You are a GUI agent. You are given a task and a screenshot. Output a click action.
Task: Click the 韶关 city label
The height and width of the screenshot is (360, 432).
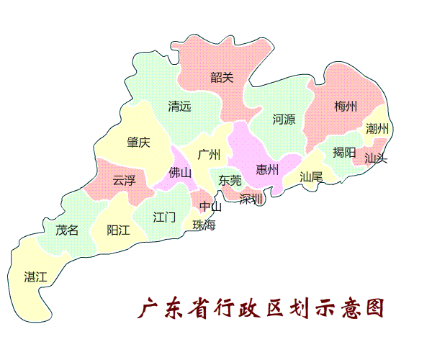coord(222,77)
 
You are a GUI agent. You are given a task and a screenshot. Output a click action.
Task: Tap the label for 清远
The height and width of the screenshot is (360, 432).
coord(179,107)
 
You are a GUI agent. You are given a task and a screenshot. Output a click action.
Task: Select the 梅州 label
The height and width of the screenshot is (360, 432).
coord(346,107)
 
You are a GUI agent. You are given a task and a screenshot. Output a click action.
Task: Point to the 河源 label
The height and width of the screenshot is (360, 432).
coord(284,120)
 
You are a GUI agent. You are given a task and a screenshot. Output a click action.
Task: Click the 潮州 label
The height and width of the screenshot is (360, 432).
coord(377,129)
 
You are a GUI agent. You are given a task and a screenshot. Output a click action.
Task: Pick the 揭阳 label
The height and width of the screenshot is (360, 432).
coord(344,153)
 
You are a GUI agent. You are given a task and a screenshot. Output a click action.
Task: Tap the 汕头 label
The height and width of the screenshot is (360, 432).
coord(375,158)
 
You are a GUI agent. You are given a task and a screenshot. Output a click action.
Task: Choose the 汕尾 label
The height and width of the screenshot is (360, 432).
coord(312,176)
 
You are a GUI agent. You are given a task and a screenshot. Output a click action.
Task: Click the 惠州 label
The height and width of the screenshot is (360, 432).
coord(268,170)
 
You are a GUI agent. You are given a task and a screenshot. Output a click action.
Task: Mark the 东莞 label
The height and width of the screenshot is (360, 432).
coord(230,180)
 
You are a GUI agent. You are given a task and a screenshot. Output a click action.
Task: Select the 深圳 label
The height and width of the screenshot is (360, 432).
coord(251,198)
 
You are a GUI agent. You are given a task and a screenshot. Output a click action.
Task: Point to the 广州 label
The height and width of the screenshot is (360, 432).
coord(208,154)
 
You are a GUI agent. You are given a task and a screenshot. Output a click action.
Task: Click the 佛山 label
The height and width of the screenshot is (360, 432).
coord(180,173)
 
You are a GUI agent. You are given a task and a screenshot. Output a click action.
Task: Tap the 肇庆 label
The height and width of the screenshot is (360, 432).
coord(138,143)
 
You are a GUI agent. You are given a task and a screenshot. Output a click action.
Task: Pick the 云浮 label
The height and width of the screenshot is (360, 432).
coord(124,180)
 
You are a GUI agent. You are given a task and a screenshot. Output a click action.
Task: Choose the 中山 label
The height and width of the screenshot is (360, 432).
coord(211,207)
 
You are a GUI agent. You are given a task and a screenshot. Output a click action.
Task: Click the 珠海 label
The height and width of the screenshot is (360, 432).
coord(204,225)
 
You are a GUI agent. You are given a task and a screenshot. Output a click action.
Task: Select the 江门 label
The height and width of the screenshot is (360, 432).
coord(164,216)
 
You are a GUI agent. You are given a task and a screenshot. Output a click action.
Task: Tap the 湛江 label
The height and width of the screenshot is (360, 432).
coord(35,276)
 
